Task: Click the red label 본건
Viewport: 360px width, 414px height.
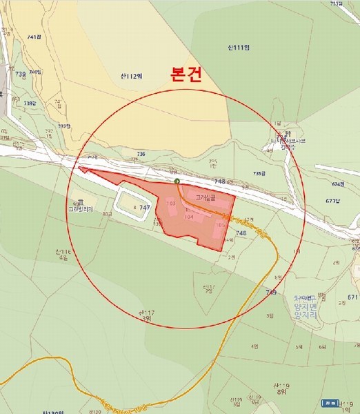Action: click(186, 75)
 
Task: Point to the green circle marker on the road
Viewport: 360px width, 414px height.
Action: click(177, 181)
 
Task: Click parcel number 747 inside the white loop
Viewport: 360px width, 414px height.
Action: click(145, 207)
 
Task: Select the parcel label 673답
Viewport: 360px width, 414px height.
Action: click(334, 201)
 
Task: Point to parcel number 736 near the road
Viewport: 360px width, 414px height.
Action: click(141, 154)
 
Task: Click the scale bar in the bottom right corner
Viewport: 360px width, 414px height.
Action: click(333, 402)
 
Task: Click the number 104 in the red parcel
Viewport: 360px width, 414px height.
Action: click(189, 216)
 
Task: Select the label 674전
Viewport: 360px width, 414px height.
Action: click(337, 184)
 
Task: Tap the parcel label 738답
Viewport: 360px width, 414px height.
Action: click(29, 103)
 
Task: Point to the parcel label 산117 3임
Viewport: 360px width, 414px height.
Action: click(146, 316)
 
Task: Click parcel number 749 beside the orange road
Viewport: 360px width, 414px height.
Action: click(271, 293)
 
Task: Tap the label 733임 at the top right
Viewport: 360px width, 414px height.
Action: click(337, 3)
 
